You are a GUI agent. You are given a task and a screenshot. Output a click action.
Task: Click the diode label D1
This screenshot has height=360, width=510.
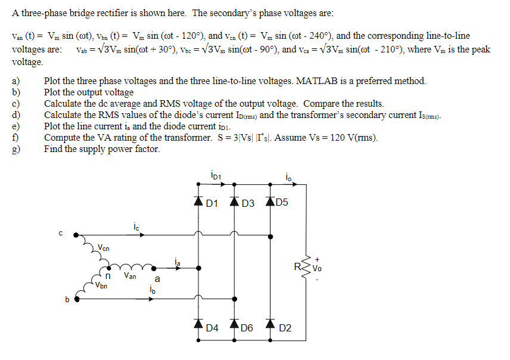point(212,203)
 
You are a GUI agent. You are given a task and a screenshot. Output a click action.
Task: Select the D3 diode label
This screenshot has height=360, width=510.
point(248,203)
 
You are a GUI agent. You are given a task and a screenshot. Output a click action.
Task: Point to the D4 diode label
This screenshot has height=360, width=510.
point(212,328)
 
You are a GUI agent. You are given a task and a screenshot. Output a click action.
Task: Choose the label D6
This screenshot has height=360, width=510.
point(247,328)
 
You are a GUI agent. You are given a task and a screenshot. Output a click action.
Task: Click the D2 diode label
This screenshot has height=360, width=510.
point(285,328)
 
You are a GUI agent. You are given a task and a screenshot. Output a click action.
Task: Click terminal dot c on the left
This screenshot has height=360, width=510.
point(75,235)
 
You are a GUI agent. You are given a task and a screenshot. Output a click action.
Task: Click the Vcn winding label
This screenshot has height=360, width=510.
point(104,247)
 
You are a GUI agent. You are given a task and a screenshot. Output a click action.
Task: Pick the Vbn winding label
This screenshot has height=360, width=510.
point(102,285)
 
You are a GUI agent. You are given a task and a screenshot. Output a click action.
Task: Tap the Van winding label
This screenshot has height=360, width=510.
point(130,276)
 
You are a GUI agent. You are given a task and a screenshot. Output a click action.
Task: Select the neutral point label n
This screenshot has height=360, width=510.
point(108,276)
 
